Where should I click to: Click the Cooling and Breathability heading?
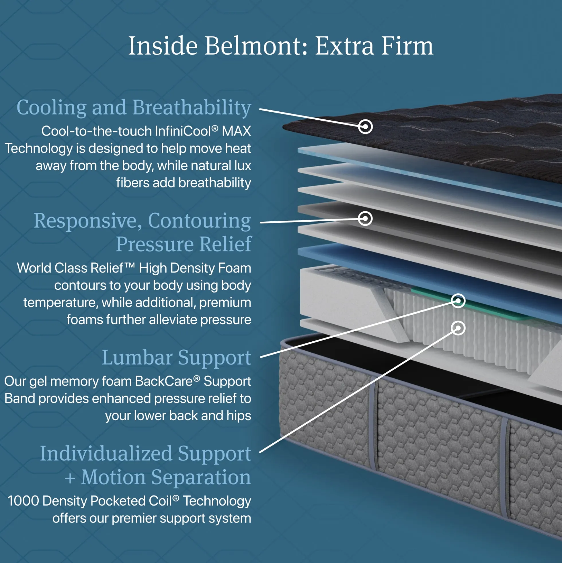(134, 108)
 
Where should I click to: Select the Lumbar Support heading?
(176, 357)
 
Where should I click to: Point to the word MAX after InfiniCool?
(236, 131)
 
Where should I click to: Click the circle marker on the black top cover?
(365, 127)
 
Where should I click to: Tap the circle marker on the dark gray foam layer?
(365, 218)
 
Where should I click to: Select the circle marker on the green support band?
(458, 300)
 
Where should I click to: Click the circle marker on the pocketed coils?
(458, 328)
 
